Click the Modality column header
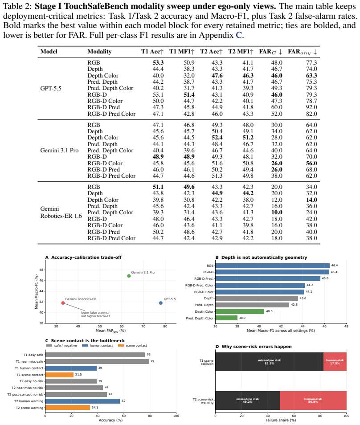[x=99, y=52]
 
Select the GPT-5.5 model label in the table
[x=51, y=88]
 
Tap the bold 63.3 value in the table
[x=311, y=75]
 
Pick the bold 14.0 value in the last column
[x=311, y=200]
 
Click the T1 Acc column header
[x=152, y=52]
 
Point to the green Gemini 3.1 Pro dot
[x=129, y=276]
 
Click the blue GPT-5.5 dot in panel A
[x=161, y=303]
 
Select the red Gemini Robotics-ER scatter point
[x=63, y=303]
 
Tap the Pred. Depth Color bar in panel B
[x=226, y=318]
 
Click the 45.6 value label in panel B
[x=325, y=278]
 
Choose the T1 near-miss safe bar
[x=97, y=361]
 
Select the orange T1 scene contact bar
[x=59, y=375]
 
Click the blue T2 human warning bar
[x=82, y=401]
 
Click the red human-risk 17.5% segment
[x=335, y=362]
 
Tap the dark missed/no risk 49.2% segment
[x=248, y=400]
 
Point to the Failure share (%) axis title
[x=281, y=420]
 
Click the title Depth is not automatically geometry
[x=264, y=257]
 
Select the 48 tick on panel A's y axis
[x=41, y=270]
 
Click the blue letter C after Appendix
[x=238, y=35]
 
